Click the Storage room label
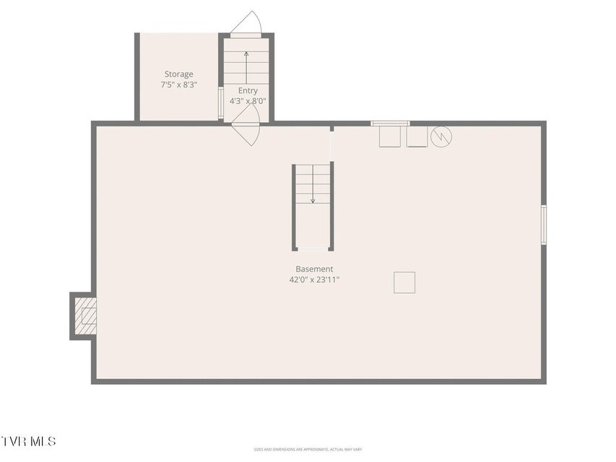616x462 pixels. point(179,74)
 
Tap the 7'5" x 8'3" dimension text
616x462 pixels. point(179,84)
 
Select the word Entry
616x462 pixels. point(248,91)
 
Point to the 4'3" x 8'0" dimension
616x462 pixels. point(248,101)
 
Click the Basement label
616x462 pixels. point(314,269)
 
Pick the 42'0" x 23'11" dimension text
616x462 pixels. point(314,279)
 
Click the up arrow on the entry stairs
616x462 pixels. point(246,68)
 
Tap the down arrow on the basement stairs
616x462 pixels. point(313,184)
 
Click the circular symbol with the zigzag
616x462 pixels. point(441,136)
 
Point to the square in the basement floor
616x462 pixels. point(404,282)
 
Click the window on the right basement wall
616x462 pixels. point(544,225)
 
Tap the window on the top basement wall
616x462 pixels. point(390,123)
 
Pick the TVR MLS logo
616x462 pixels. point(28,441)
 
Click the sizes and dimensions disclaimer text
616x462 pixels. point(308,449)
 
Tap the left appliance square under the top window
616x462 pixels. point(390,136)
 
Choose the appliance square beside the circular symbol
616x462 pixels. point(417,136)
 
